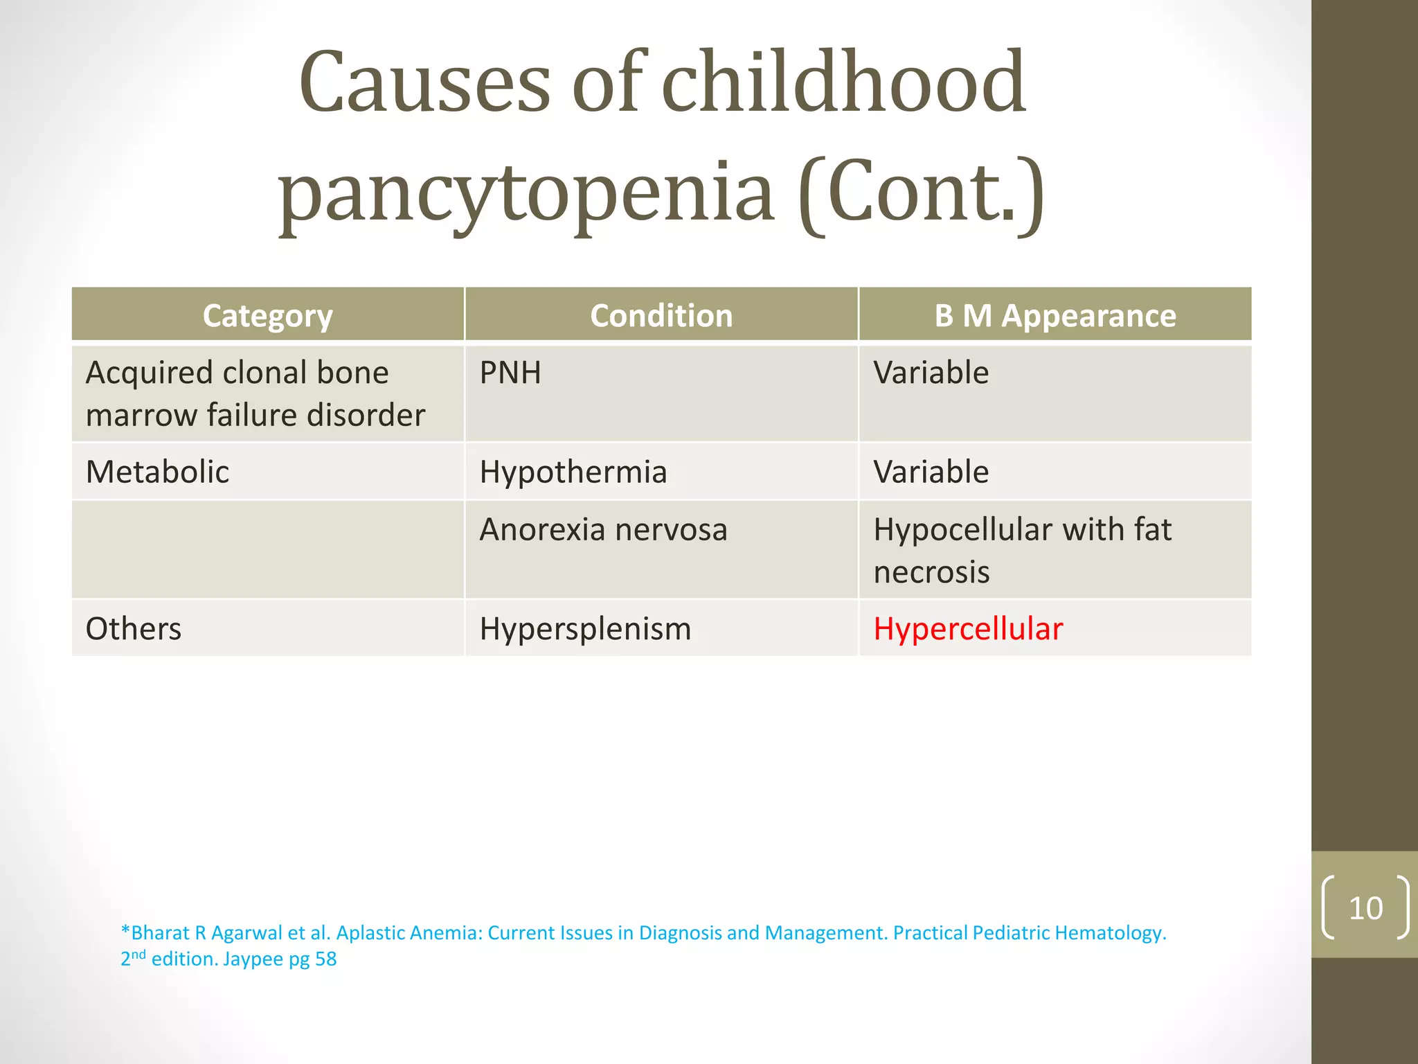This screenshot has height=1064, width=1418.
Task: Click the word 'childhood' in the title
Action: tap(843, 83)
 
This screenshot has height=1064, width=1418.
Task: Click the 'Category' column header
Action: tap(267, 316)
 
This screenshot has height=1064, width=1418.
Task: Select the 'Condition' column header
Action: tap(661, 316)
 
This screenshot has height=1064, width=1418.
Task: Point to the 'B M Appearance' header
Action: tap(1054, 316)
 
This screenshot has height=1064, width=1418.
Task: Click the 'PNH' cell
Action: tap(510, 373)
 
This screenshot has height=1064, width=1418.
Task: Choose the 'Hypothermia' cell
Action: tap(573, 472)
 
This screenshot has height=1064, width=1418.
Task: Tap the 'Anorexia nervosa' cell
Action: tap(603, 530)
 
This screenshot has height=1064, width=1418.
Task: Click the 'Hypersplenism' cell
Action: tap(585, 629)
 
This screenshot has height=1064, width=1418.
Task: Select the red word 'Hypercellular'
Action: tap(967, 629)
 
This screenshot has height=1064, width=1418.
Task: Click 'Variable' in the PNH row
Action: tap(931, 373)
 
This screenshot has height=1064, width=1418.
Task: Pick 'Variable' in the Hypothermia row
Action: tap(931, 472)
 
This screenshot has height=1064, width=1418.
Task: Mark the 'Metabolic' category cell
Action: tap(157, 472)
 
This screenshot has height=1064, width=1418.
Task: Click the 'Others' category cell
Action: tap(134, 629)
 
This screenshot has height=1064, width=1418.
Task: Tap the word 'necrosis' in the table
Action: tap(931, 573)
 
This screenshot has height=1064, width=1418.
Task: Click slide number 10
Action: tap(1365, 908)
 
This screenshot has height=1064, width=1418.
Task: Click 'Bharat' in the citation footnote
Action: tap(160, 933)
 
